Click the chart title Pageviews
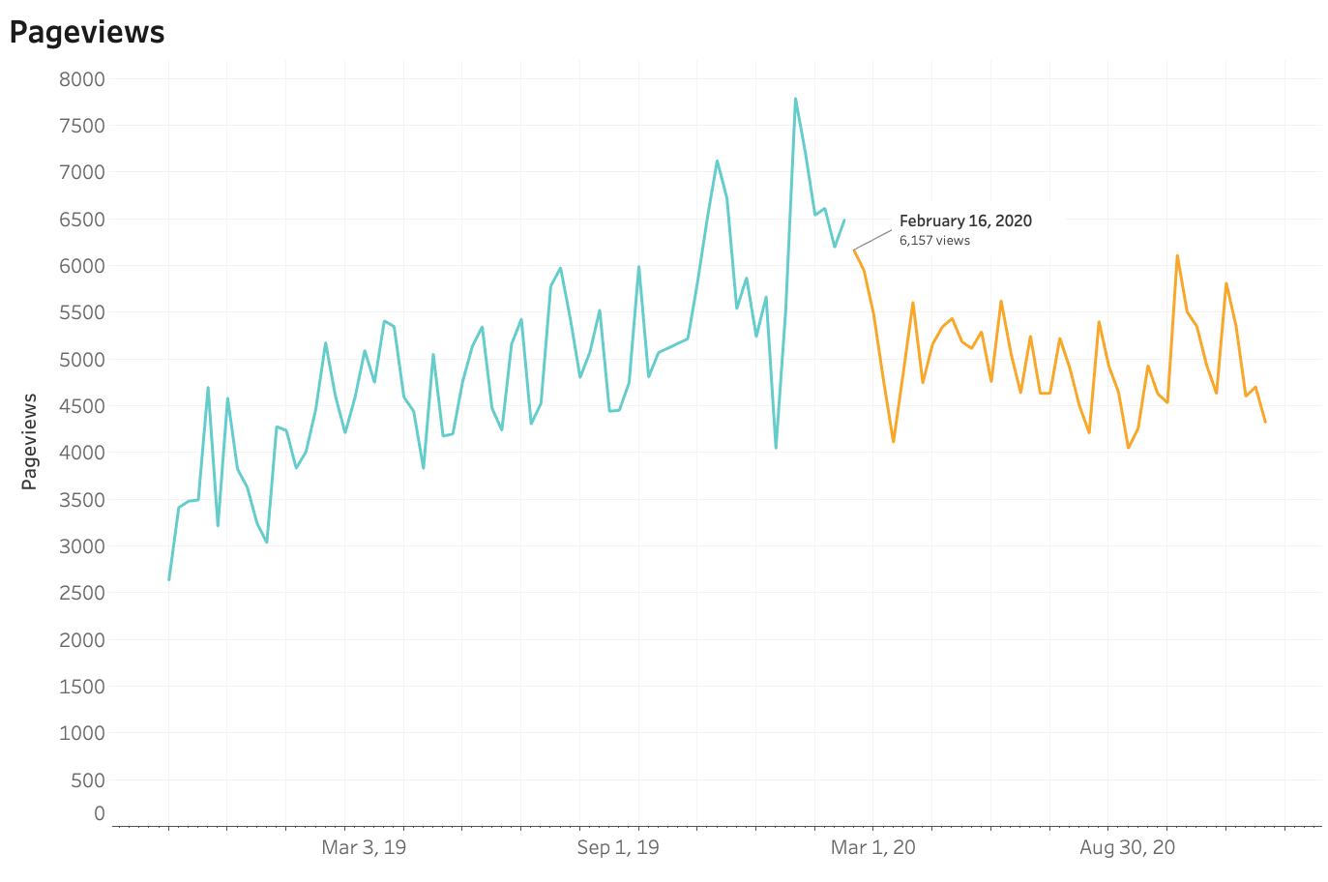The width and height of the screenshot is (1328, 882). (x=87, y=32)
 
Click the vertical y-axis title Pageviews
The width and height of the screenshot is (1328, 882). (x=30, y=441)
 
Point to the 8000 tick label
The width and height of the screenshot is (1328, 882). (x=82, y=79)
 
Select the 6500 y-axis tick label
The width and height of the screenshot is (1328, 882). (x=82, y=220)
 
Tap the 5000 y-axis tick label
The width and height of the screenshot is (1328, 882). (x=82, y=360)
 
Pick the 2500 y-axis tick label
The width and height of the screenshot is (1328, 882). (x=82, y=593)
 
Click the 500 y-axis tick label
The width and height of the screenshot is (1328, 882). (x=88, y=780)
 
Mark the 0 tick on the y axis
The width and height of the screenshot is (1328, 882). (x=100, y=814)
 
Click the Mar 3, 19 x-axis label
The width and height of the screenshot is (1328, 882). (x=364, y=848)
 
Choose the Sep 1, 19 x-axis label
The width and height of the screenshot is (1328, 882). (x=618, y=848)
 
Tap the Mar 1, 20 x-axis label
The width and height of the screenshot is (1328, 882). (x=872, y=848)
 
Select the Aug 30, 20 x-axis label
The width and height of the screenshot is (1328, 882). (x=1127, y=848)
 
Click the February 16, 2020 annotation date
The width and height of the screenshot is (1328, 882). (x=965, y=220)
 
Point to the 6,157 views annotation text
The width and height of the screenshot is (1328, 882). (x=934, y=241)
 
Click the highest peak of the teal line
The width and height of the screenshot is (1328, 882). (x=795, y=99)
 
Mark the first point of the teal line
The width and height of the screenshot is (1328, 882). (x=169, y=579)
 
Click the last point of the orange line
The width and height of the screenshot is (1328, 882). (x=1265, y=422)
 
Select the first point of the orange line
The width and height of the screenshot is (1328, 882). (x=854, y=250)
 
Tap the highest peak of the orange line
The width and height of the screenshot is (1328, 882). (x=1177, y=255)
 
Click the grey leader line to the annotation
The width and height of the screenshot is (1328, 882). (x=873, y=240)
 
